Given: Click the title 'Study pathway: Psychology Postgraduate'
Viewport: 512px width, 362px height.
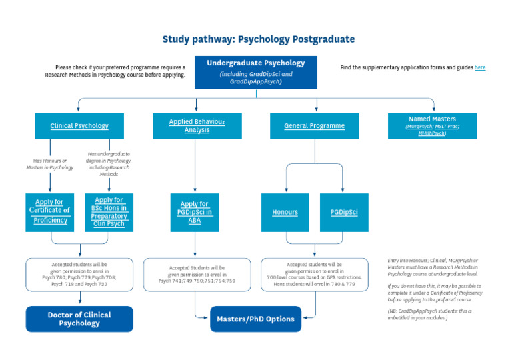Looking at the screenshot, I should click(x=258, y=39).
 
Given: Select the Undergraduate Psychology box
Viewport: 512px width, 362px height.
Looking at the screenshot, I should click(x=255, y=72).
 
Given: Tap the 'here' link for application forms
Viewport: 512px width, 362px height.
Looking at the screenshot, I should click(x=480, y=67).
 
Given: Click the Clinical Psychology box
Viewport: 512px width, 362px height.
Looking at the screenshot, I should click(x=79, y=126).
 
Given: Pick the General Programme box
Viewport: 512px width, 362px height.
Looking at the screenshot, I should click(x=314, y=126).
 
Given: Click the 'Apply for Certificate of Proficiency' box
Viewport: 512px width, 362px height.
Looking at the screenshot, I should click(x=50, y=212).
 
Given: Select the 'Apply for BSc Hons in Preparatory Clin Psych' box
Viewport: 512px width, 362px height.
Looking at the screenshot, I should click(x=109, y=212).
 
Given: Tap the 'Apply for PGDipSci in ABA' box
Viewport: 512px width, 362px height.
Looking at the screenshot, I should click(x=195, y=212).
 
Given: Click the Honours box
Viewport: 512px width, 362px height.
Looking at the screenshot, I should click(x=285, y=212).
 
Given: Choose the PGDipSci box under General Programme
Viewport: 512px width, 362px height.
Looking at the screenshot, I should click(x=343, y=212).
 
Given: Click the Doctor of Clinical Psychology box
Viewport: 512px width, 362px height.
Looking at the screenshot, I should click(x=79, y=319).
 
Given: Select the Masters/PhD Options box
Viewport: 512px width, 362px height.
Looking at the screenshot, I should click(x=255, y=319).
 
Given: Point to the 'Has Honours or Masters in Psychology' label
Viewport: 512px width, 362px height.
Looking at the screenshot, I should click(x=50, y=163).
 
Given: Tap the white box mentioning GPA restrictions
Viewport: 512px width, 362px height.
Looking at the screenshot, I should click(x=314, y=274).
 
